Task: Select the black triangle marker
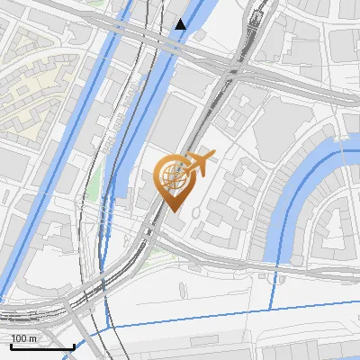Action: [x=181, y=24]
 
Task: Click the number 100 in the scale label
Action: [x=18, y=338]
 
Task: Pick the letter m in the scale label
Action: [x=31, y=338]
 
